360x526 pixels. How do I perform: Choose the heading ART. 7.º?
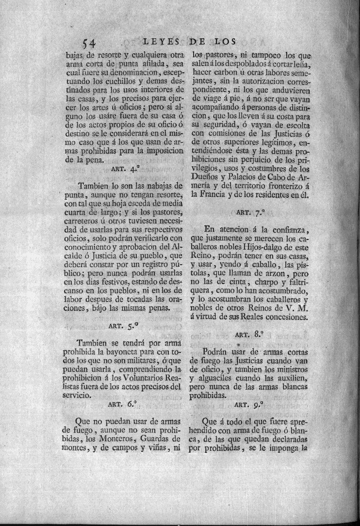249,212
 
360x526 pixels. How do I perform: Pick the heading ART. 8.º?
249,334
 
